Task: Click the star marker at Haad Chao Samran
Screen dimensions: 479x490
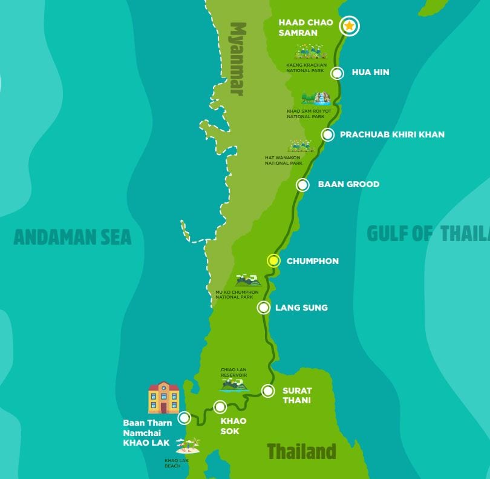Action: point(349,26)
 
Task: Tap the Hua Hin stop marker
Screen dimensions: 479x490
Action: point(338,73)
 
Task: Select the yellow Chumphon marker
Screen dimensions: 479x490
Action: point(273,261)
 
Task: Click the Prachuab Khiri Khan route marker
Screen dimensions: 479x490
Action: point(327,134)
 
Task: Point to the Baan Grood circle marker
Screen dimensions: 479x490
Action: point(302,185)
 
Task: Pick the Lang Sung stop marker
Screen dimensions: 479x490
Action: point(264,308)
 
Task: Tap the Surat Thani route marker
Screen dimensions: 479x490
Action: point(267,391)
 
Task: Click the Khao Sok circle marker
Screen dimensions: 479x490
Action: point(220,407)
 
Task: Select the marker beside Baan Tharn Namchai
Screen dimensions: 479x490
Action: point(185,418)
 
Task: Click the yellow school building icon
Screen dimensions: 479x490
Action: point(164,397)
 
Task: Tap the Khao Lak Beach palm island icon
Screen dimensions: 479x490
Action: point(189,446)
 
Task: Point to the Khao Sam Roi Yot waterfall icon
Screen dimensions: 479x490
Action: point(316,98)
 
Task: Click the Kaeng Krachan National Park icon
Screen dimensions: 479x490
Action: point(310,51)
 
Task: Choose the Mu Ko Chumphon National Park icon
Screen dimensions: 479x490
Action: point(248,280)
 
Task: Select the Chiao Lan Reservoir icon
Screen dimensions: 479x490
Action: point(234,384)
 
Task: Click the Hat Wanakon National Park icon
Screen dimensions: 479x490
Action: point(301,146)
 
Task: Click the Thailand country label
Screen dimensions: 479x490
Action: point(301,451)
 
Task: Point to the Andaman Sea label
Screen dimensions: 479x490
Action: point(73,237)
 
